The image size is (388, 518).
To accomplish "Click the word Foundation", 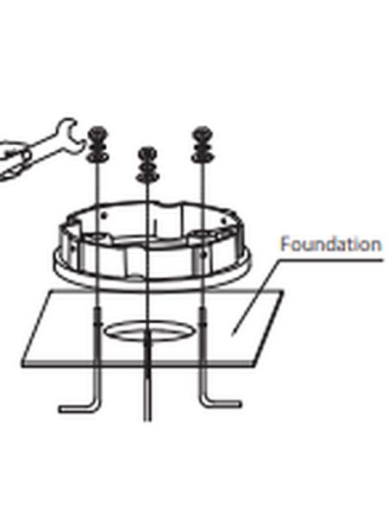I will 330,244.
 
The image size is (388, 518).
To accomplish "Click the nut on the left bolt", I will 96,136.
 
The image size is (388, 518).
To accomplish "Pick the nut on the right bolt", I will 203,136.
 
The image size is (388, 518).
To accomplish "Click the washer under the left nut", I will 96,155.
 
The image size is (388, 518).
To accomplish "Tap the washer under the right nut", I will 203,155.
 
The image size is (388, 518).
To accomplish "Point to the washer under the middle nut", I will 147,177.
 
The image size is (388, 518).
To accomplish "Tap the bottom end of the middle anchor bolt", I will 147,414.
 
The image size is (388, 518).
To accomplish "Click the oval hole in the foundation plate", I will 147,332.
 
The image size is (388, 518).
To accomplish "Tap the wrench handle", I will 34,147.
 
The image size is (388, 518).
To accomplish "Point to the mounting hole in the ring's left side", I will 101,234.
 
